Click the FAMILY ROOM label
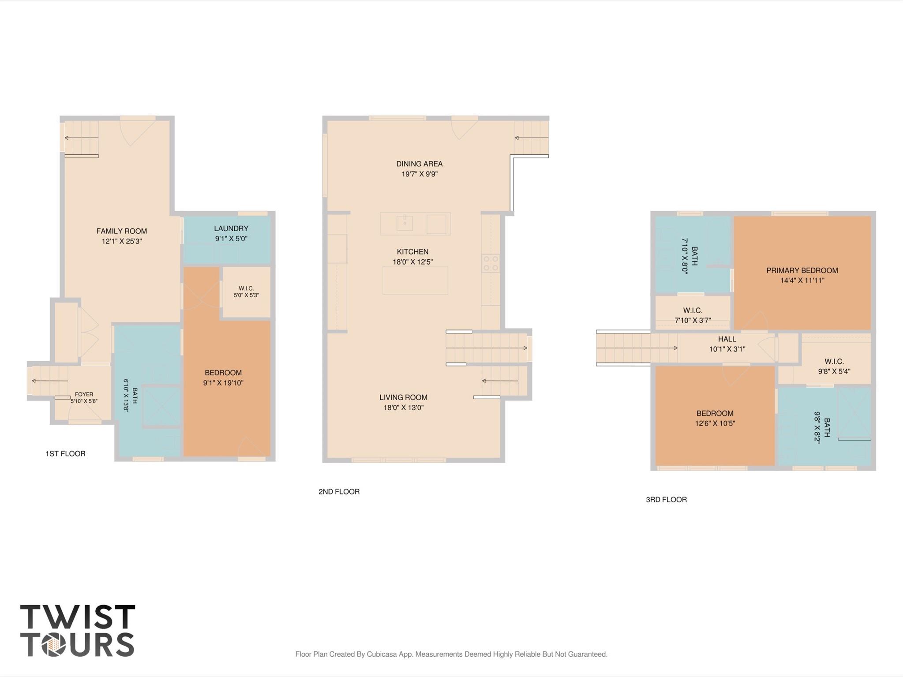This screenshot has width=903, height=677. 122,231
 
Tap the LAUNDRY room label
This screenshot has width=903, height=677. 231,228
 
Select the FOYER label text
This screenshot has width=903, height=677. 84,394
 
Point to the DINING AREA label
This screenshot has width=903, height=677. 420,164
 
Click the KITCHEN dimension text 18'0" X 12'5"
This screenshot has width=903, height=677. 413,262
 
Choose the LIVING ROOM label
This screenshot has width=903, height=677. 404,397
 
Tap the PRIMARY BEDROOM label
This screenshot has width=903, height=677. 802,270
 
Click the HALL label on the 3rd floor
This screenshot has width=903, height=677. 727,339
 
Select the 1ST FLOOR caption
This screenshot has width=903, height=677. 66,453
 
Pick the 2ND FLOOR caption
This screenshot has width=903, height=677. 339,491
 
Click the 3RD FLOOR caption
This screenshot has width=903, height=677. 667,500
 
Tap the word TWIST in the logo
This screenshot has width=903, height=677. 78,617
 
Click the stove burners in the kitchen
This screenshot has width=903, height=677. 491,263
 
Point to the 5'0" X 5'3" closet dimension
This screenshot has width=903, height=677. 246,295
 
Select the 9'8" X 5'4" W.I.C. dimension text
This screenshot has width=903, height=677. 834,371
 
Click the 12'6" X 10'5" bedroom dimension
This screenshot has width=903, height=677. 715,423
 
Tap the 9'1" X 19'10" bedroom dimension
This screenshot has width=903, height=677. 223,383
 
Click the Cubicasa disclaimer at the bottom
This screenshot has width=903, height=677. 451,654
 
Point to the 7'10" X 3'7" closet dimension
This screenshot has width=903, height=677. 693,321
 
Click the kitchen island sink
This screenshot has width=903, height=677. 405,223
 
